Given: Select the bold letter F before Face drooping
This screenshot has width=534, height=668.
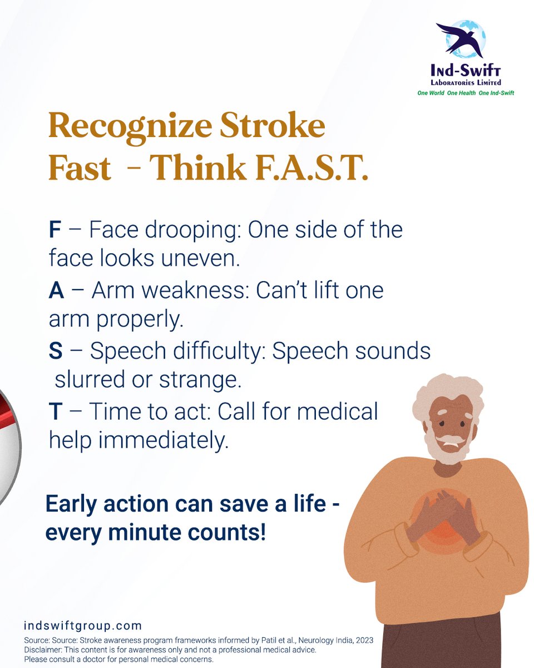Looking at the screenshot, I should (x=55, y=230).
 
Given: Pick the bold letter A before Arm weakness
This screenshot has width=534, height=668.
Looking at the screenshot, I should (x=56, y=291).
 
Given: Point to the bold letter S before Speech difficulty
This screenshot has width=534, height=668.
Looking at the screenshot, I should (x=56, y=351).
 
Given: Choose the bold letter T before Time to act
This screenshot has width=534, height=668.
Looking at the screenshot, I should (x=55, y=412).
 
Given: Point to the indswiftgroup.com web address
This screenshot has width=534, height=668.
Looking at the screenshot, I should (x=83, y=626).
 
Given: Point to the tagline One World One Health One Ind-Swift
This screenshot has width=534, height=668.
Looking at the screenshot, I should (x=466, y=93).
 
